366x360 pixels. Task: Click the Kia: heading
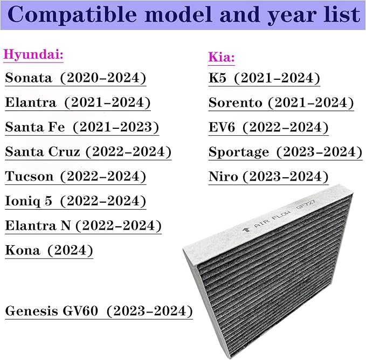tap(221, 57)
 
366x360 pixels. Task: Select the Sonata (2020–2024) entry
tap(75, 78)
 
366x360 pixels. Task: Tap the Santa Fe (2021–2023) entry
tap(82, 127)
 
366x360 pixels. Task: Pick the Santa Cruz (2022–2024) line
tap(88, 151)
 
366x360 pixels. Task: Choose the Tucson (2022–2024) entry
tap(75, 176)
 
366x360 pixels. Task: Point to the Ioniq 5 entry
tap(75, 201)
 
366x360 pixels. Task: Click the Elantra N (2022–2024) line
tap(83, 225)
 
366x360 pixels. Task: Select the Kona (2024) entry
tap(49, 250)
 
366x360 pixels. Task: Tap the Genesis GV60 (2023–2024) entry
tap(99, 311)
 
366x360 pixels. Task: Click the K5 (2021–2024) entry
tap(264, 78)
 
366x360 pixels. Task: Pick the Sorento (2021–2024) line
tap(281, 102)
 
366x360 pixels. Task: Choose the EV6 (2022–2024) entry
tap(268, 127)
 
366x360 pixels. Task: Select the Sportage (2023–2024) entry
tap(285, 152)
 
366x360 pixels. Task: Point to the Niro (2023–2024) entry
tap(268, 176)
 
